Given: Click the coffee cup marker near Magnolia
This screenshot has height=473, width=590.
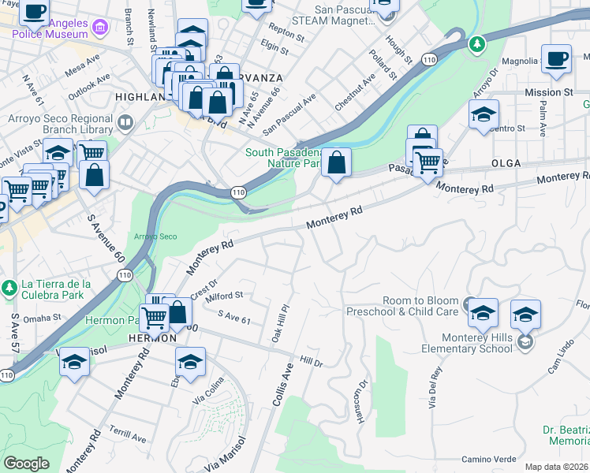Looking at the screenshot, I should pos(557,59).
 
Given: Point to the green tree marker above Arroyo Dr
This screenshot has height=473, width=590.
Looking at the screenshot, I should pos(476,44).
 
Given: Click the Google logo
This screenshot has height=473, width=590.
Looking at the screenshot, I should pos(26,463).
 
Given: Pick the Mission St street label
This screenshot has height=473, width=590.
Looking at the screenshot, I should pos(547,92).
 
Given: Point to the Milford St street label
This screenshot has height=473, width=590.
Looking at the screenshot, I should pos(224,296).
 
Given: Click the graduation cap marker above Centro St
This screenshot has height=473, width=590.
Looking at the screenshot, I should pos(484,114).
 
